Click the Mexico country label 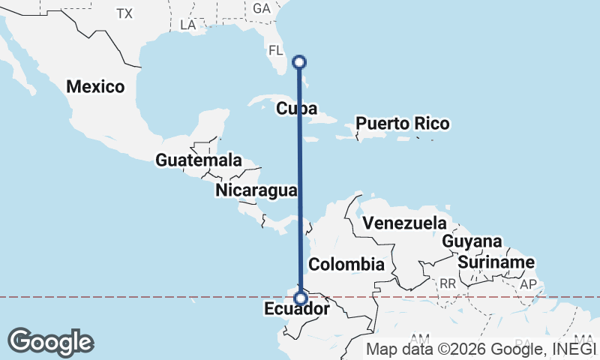click(x=95, y=86)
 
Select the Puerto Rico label click(x=402, y=123)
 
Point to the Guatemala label click(x=199, y=160)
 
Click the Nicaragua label click(x=256, y=190)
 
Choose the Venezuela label click(x=403, y=223)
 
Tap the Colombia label click(x=346, y=264)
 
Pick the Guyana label click(x=471, y=241)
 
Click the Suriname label click(x=496, y=262)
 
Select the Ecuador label click(x=297, y=309)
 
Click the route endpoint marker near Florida click(x=299, y=61)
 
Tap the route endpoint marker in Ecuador click(x=300, y=298)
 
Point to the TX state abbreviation click(x=124, y=13)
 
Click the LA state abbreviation click(x=188, y=25)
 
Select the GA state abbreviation click(x=262, y=8)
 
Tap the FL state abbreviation click(x=276, y=51)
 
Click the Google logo click(x=50, y=342)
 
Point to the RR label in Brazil click(x=448, y=283)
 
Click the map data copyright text click(x=480, y=348)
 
